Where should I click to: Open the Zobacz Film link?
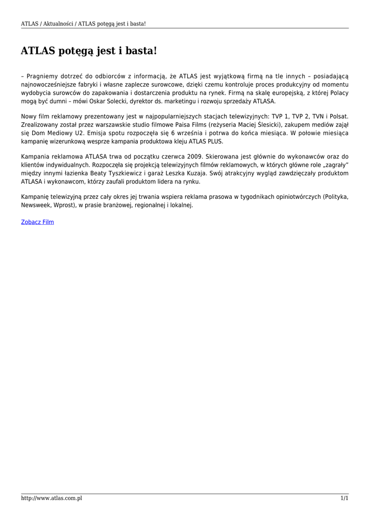coord(37,222)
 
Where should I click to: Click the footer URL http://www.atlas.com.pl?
coord(52,498)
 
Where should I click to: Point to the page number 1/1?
coord(344,498)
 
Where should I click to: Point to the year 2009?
coord(191,157)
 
